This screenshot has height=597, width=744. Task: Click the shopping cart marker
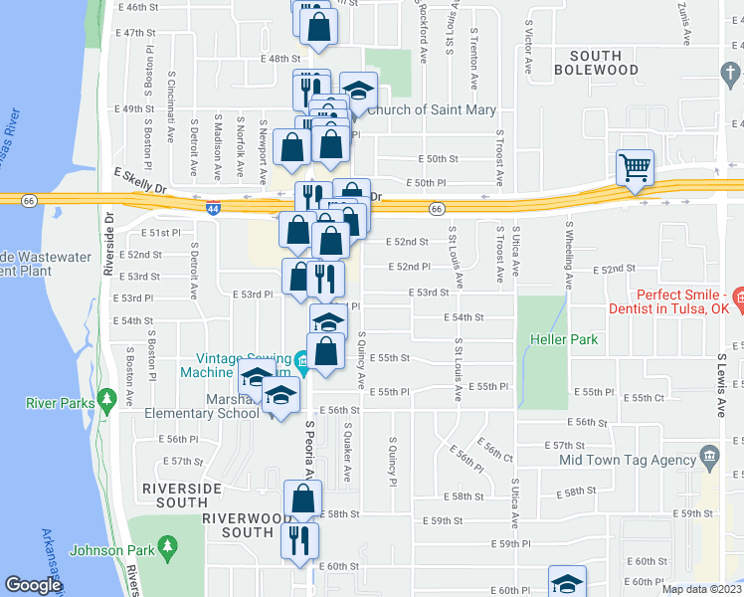tap(634, 167)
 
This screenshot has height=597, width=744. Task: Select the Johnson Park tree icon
tap(167, 547)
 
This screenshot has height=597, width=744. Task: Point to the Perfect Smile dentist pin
tap(738, 297)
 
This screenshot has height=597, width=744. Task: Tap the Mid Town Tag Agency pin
tap(708, 459)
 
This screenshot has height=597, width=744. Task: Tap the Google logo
tap(33, 585)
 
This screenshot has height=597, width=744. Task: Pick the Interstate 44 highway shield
tap(213, 208)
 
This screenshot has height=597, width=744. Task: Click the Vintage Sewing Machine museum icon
tap(301, 359)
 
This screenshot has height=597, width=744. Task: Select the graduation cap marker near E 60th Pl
tap(567, 582)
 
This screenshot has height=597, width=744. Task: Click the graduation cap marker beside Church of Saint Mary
tap(358, 91)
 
